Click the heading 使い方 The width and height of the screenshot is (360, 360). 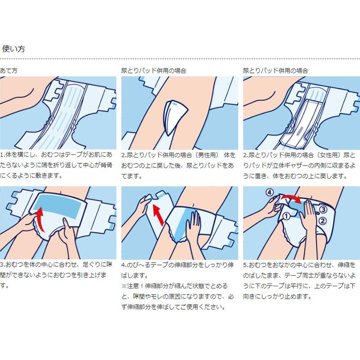tap(13, 49)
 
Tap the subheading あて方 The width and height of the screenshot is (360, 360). tap(9, 71)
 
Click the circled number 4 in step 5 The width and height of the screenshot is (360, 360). tap(270, 192)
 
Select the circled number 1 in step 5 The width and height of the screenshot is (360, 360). tap(286, 216)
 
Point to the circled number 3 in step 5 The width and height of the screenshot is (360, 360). tap(323, 209)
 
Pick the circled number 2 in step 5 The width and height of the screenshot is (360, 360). tap(323, 221)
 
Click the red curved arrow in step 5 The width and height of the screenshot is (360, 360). tap(292, 198)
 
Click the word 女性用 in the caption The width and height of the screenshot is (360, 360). tap(329, 155)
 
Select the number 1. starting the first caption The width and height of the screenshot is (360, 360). tap(3, 155)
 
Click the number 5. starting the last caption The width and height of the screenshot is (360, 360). tap(246, 265)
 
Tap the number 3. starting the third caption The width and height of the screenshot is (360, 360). tap(3, 265)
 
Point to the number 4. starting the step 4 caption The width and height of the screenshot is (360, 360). tap(124, 265)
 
